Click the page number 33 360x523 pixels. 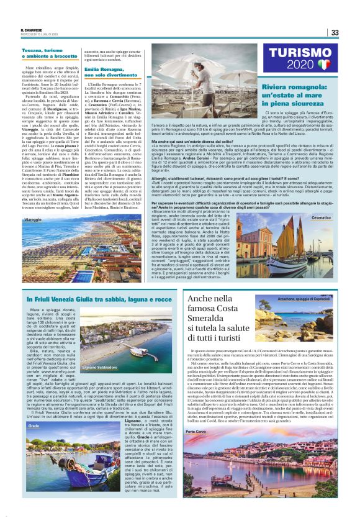click(334, 32)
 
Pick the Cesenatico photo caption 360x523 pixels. click(320, 201)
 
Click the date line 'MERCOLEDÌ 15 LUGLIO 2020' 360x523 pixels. click(40, 35)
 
